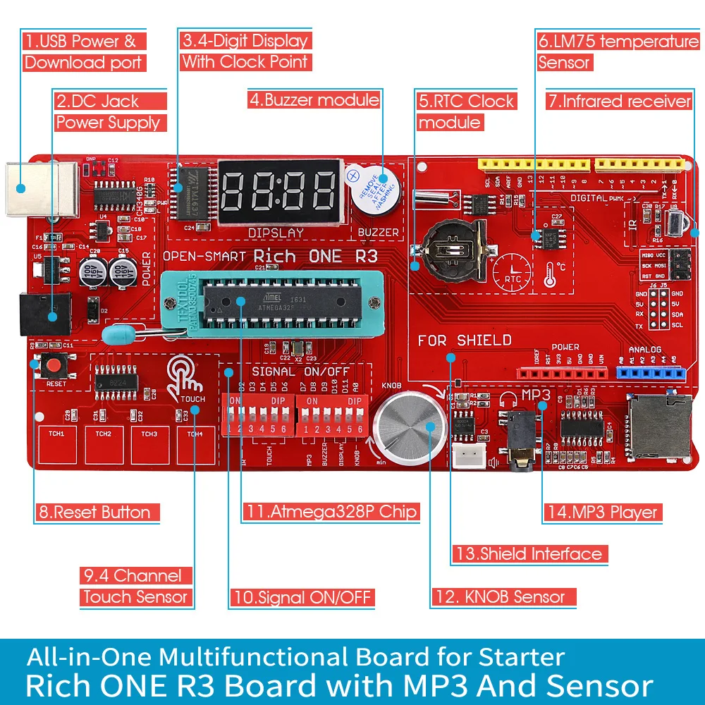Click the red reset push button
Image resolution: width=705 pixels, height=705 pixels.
tap(52, 367)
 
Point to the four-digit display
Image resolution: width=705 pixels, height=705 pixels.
tap(279, 190)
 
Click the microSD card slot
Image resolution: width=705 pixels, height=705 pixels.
tap(660, 426)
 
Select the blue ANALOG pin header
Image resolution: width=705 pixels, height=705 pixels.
tap(651, 372)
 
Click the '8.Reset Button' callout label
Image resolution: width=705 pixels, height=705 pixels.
tap(96, 513)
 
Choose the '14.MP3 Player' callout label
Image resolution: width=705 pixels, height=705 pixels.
tap(602, 513)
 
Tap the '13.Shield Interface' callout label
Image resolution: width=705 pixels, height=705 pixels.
tap(529, 554)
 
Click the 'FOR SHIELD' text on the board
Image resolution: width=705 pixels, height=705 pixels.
tap(465, 341)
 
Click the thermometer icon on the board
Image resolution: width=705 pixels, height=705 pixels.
tap(551, 275)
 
